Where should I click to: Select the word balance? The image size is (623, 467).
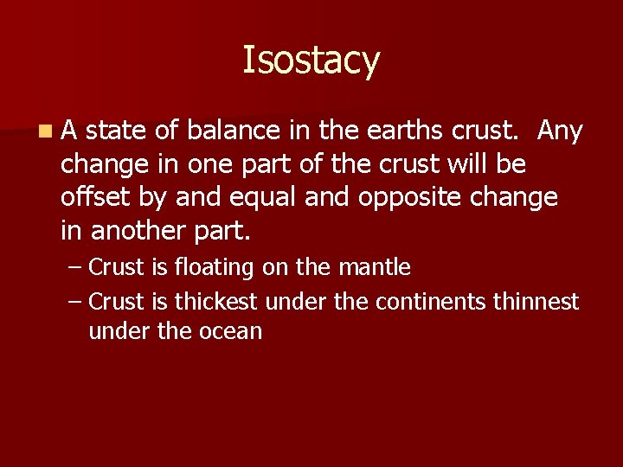[x=234, y=131]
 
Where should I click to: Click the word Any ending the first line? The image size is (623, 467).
[x=560, y=131]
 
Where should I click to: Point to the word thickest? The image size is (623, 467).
[x=216, y=301]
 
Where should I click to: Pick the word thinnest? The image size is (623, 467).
[x=536, y=301]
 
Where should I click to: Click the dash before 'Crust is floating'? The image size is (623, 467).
[x=74, y=268]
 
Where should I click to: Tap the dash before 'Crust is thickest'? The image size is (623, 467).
[x=74, y=301]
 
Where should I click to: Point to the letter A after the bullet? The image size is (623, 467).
[x=69, y=131]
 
